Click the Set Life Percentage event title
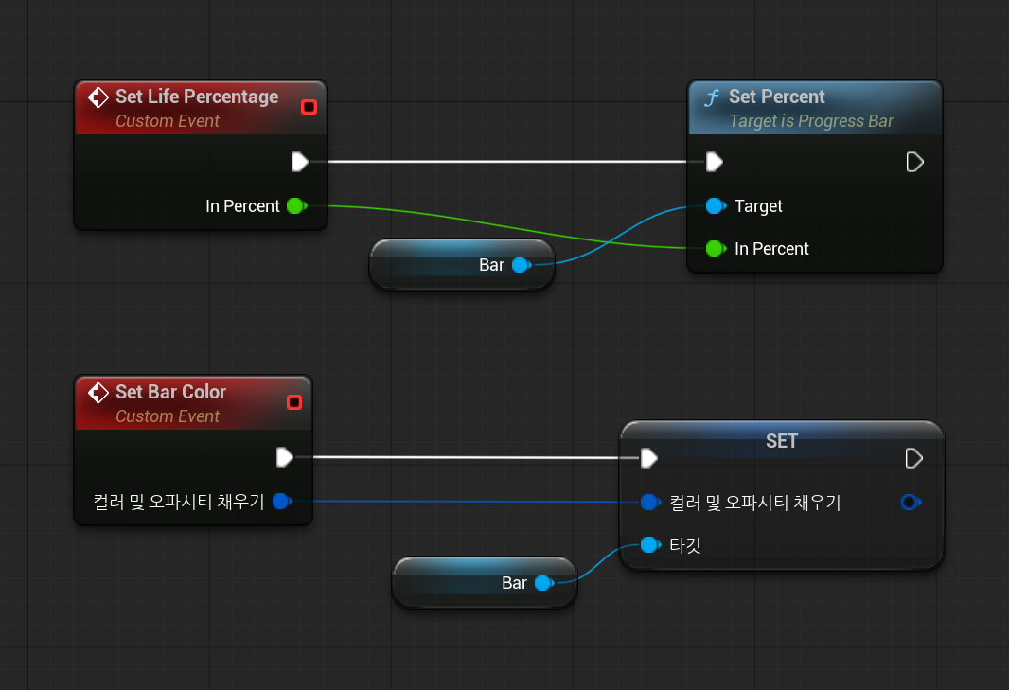click(196, 97)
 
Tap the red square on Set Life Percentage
click(309, 107)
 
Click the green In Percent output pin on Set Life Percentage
click(295, 205)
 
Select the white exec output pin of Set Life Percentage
click(299, 162)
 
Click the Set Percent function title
click(776, 97)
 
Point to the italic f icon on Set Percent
click(712, 97)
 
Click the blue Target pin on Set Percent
click(715, 205)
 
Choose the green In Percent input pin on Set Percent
click(715, 249)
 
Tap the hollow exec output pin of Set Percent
click(914, 162)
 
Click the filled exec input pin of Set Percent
click(715, 162)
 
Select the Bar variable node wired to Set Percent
click(462, 265)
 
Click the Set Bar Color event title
click(170, 392)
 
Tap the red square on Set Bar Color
click(294, 402)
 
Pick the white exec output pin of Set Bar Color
click(284, 458)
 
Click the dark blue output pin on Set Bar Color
click(281, 502)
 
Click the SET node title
click(782, 441)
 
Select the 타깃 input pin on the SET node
click(648, 545)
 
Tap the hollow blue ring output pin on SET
click(910, 502)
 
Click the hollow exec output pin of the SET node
click(914, 458)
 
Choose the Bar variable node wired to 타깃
click(485, 583)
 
